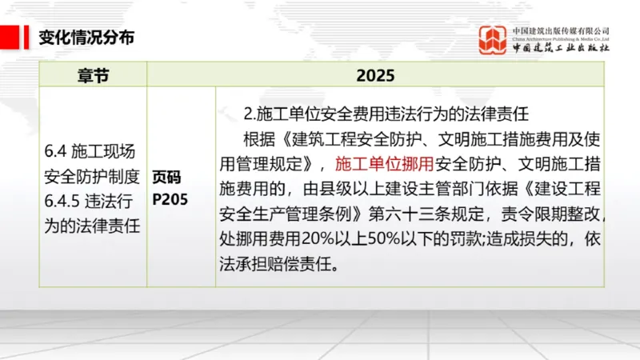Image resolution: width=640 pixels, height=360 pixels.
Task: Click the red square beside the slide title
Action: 10,37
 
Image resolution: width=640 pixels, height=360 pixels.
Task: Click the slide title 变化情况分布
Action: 86,37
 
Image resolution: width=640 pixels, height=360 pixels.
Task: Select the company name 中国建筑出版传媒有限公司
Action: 562,30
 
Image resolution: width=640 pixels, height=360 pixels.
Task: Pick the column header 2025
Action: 375,75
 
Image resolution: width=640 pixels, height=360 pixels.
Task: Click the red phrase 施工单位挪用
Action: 384,164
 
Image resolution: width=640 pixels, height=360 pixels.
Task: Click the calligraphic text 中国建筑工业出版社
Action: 562,48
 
